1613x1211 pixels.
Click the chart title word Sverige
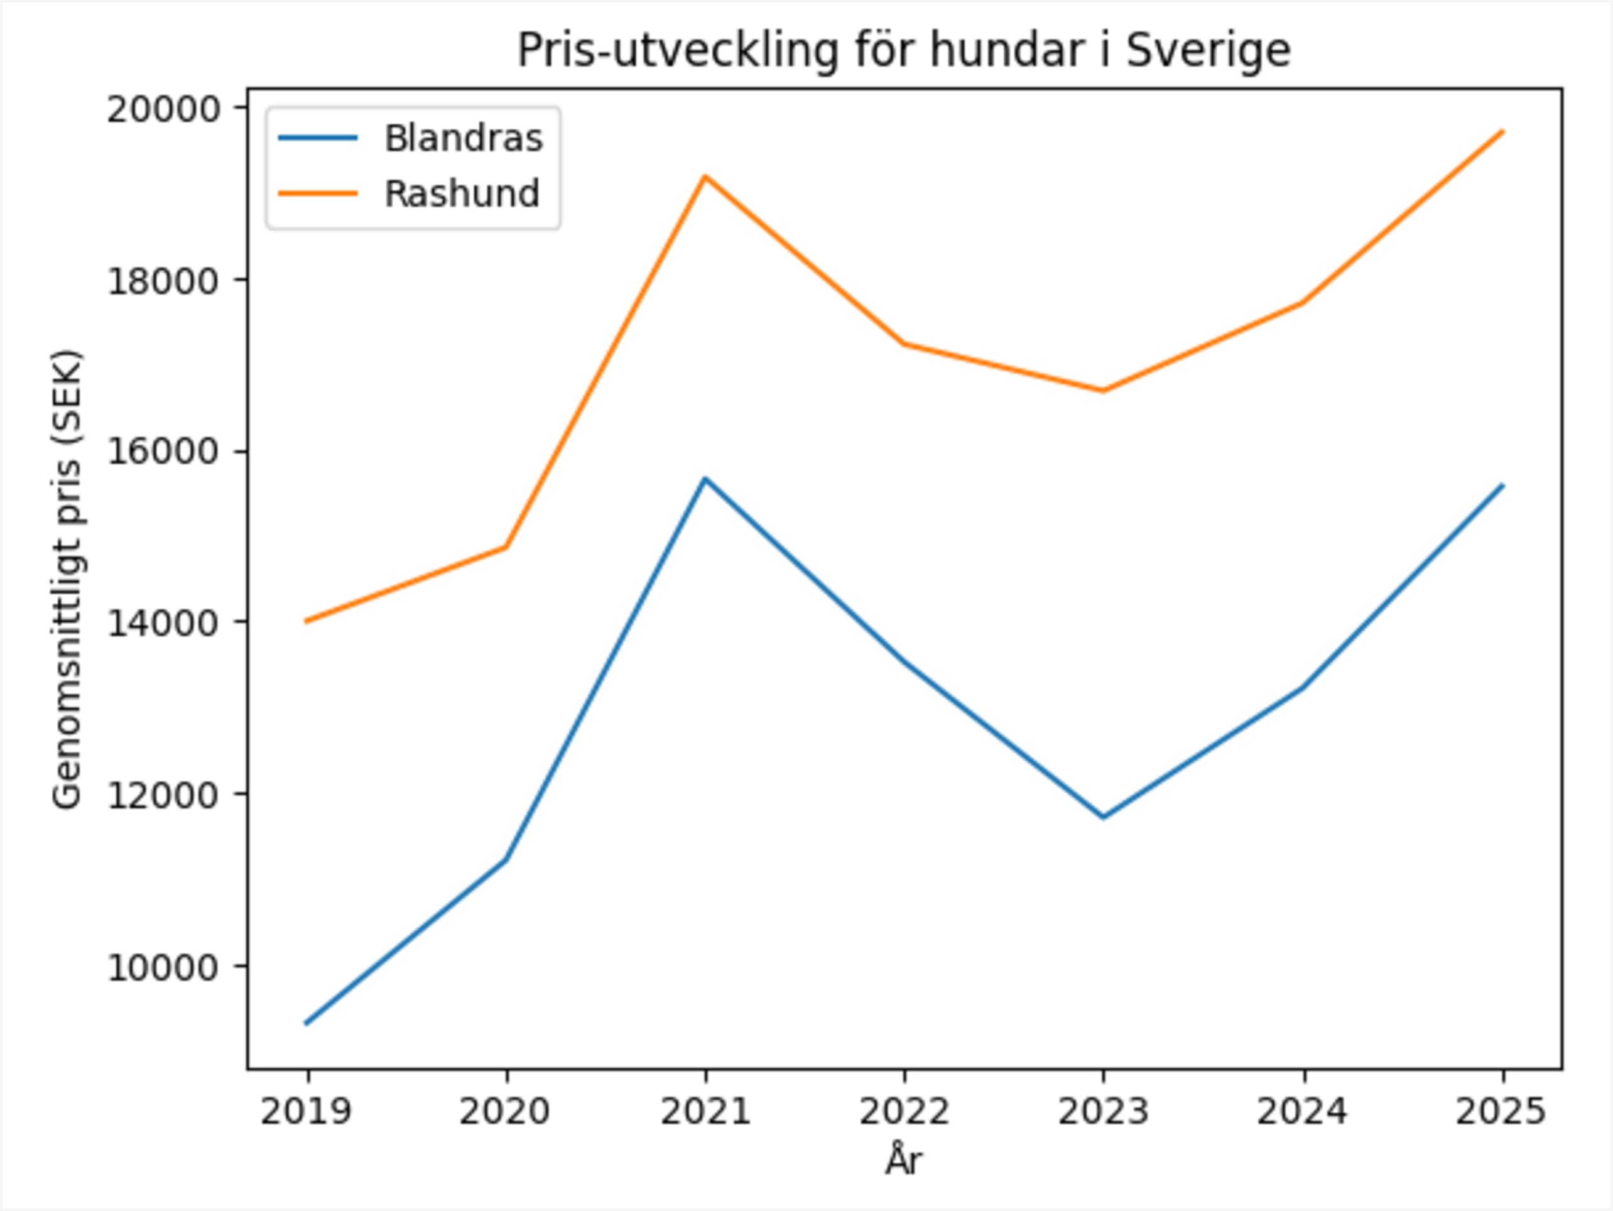(1208, 51)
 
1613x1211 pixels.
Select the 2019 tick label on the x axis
(307, 1112)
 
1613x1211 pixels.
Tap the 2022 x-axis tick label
(904, 1112)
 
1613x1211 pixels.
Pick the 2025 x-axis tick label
(1501, 1112)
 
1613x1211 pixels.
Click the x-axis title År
(904, 1161)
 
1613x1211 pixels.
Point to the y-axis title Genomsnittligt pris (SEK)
(67, 580)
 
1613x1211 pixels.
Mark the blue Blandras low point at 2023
(1104, 817)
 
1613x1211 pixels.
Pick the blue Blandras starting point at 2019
(307, 1024)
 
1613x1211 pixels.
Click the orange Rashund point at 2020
(506, 547)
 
